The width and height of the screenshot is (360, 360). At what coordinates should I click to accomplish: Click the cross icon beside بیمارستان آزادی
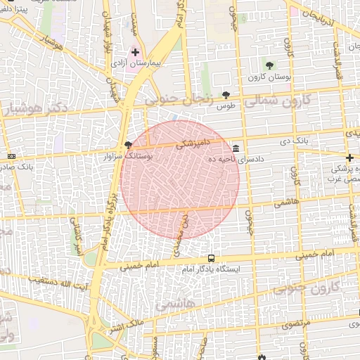click(135, 52)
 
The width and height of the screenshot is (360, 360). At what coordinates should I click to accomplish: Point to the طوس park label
click(226, 105)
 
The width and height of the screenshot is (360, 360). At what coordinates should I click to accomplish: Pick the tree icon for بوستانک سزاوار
click(128, 146)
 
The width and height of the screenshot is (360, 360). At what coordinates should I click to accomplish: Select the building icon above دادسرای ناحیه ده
click(235, 149)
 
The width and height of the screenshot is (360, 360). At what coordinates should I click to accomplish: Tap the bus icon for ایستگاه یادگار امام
click(212, 258)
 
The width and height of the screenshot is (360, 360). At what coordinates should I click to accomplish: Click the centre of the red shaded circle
click(180, 180)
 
